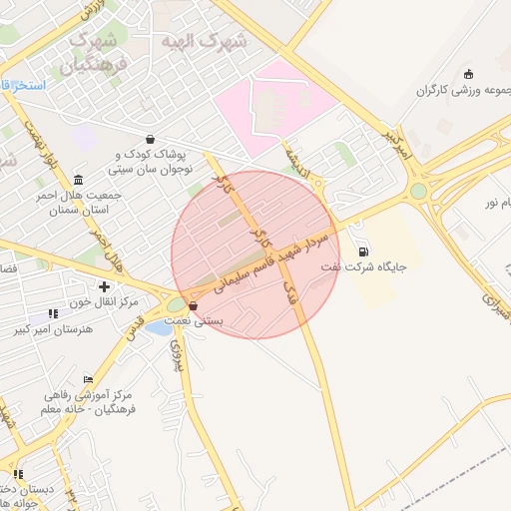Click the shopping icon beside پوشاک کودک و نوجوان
(150, 140)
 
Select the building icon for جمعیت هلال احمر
(79, 180)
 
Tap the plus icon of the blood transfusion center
(104, 287)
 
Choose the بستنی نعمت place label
(221, 321)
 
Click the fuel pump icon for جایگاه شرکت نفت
(361, 251)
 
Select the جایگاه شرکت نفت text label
(365, 268)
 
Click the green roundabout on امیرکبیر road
(418, 191)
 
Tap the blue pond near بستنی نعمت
(158, 326)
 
